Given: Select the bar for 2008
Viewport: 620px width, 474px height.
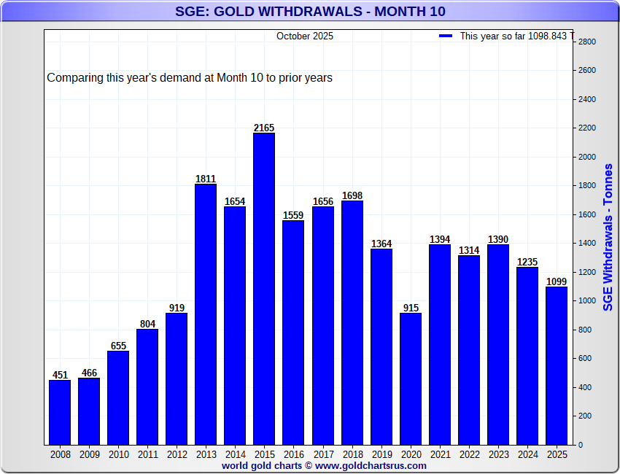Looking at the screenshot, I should click(x=60, y=412).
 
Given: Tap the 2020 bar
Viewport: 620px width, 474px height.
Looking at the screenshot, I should click(x=411, y=378).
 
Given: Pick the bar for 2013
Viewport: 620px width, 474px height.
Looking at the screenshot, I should click(x=206, y=314).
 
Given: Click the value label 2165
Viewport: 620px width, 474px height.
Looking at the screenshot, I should click(x=264, y=128).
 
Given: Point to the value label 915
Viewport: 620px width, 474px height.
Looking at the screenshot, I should click(x=411, y=308).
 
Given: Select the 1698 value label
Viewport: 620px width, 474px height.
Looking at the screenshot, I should click(x=352, y=195).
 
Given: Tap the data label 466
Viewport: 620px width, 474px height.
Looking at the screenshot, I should click(x=89, y=373).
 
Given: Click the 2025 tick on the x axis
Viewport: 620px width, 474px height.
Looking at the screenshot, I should click(x=557, y=454).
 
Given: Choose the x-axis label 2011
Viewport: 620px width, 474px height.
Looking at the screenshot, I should click(x=147, y=454).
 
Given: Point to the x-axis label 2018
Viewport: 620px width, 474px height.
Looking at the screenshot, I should click(x=352, y=454).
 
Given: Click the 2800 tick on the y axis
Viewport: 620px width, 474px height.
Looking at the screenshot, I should click(x=587, y=42).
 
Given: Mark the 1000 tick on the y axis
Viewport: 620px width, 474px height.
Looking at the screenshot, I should click(x=587, y=300).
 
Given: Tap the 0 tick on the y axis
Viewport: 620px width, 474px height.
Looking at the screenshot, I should click(x=581, y=445).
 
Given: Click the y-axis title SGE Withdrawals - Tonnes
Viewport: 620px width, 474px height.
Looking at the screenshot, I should click(x=608, y=237).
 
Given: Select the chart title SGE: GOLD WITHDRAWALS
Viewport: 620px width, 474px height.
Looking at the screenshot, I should click(x=310, y=11).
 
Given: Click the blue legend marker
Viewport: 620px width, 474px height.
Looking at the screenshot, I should click(x=446, y=36).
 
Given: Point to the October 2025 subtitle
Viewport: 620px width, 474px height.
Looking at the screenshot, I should click(x=305, y=36).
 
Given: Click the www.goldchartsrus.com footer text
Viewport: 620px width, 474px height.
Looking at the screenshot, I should click(x=324, y=465).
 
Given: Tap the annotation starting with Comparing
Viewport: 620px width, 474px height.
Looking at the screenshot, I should click(x=190, y=77).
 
